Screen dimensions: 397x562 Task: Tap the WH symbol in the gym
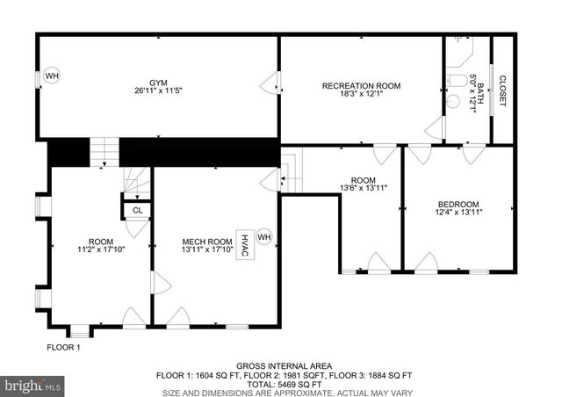[51, 76]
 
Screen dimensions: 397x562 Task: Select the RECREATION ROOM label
[361, 85]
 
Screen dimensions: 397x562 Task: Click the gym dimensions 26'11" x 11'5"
[157, 90]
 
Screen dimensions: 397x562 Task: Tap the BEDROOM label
[458, 204]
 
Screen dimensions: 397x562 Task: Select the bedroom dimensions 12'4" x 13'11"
[458, 213]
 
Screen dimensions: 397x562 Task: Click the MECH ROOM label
[207, 242]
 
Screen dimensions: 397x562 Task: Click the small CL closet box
[137, 210]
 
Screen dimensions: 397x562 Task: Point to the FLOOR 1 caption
[63, 348]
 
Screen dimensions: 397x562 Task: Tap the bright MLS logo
[32, 385]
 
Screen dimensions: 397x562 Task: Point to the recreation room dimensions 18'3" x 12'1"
[361, 95]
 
